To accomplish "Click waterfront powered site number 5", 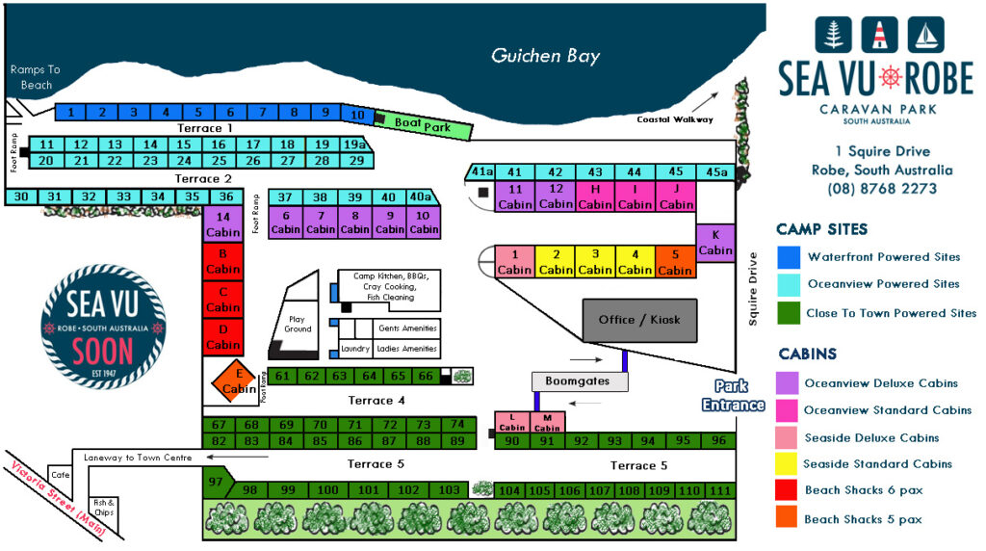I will click(x=198, y=112).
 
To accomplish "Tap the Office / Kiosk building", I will click(x=638, y=320).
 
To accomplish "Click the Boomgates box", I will click(x=579, y=381).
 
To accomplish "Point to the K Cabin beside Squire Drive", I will click(x=715, y=243).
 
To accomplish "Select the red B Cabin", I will click(x=222, y=262).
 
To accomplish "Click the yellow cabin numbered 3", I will click(x=595, y=261).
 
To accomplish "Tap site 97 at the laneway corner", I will click(x=216, y=481).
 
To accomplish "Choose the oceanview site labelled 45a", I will click(x=716, y=171).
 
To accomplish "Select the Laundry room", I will click(x=354, y=349).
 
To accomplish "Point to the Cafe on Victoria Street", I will click(x=61, y=475).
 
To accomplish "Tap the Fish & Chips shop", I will click(x=103, y=507).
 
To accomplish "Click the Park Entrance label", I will click(x=733, y=397).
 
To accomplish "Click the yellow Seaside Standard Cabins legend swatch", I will click(x=787, y=464).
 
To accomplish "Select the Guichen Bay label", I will click(x=545, y=56).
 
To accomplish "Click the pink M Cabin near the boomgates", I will click(x=547, y=422).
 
